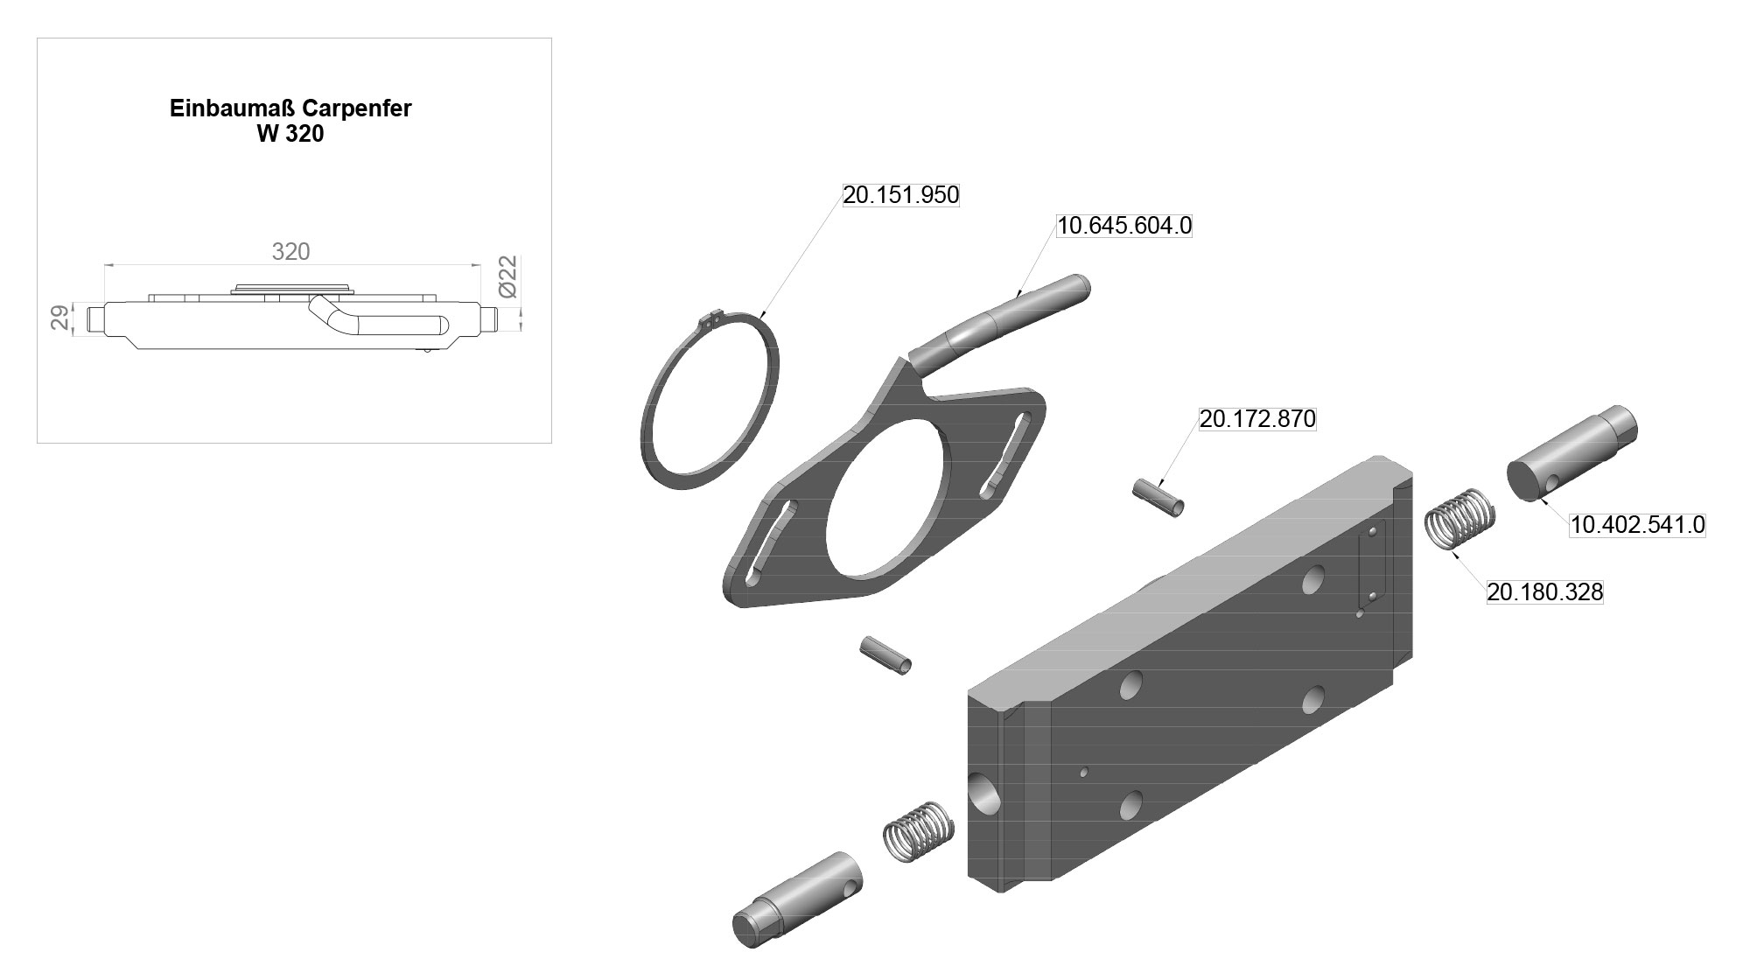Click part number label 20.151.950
[901, 195]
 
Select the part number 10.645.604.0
[1124, 226]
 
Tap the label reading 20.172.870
[1257, 419]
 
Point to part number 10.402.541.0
[1637, 525]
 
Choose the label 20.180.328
[1545, 592]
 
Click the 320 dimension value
[290, 252]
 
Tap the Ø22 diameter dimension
[508, 276]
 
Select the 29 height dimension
[60, 318]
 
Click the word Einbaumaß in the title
[233, 108]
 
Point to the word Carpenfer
[357, 108]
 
